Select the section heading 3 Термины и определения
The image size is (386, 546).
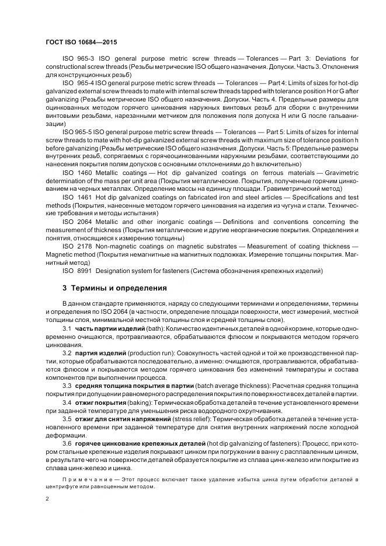pos(114,288)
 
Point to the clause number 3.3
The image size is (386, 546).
pos(67,386)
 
